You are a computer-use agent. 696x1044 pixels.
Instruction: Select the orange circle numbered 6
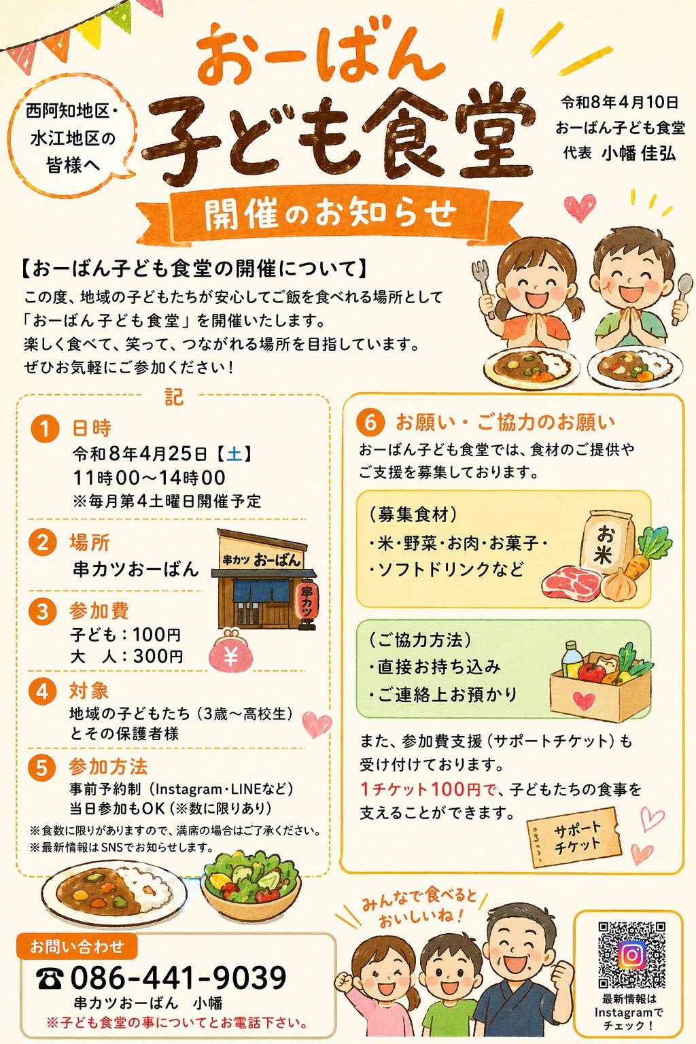click(x=370, y=422)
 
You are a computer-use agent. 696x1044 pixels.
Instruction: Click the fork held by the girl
click(x=484, y=287)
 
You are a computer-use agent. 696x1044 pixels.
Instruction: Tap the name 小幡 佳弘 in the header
click(x=638, y=154)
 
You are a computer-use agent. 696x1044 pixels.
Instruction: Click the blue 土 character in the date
click(x=234, y=453)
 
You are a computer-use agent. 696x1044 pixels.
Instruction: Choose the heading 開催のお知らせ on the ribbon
click(x=330, y=214)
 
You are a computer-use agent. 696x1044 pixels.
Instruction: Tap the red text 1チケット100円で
click(x=428, y=789)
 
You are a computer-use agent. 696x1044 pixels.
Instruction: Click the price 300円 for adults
click(x=158, y=656)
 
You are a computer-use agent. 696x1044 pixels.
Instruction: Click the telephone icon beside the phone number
click(x=50, y=978)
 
